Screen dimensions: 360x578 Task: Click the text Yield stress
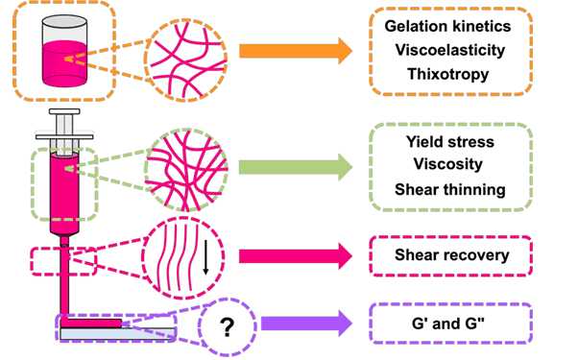(450, 142)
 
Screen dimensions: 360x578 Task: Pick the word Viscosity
(450, 165)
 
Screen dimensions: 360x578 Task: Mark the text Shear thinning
(450, 189)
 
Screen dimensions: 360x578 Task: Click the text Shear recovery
(450, 255)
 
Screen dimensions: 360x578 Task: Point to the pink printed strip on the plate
(91, 324)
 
